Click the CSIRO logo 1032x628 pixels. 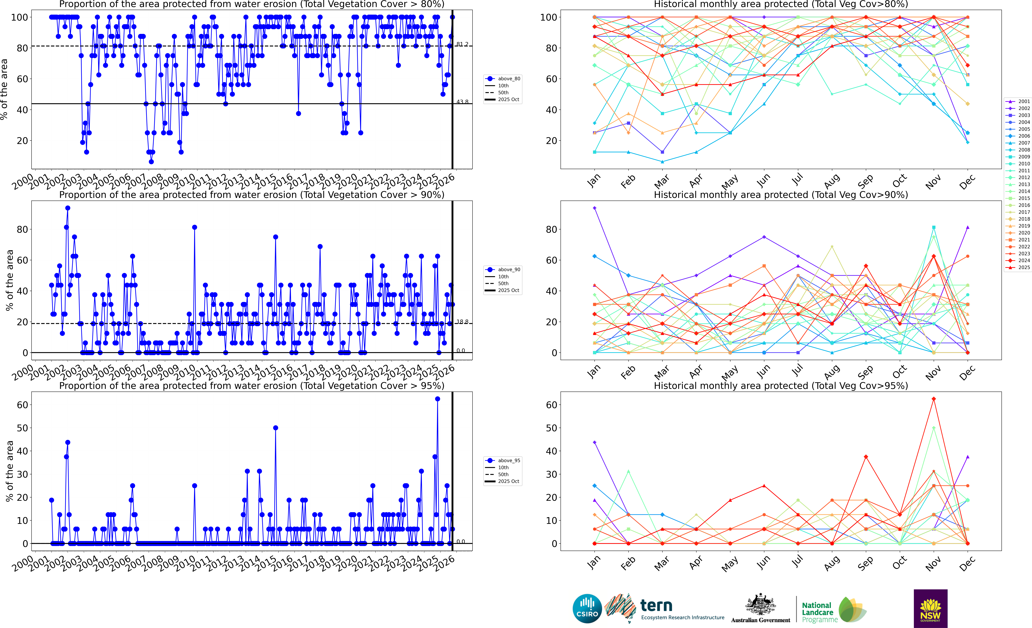click(x=587, y=608)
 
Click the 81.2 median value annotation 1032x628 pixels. click(x=462, y=44)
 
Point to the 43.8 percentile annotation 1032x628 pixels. click(x=462, y=102)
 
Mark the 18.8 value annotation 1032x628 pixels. click(x=462, y=322)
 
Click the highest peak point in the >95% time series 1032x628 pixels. click(x=437, y=399)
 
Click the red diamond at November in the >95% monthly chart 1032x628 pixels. click(x=934, y=399)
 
